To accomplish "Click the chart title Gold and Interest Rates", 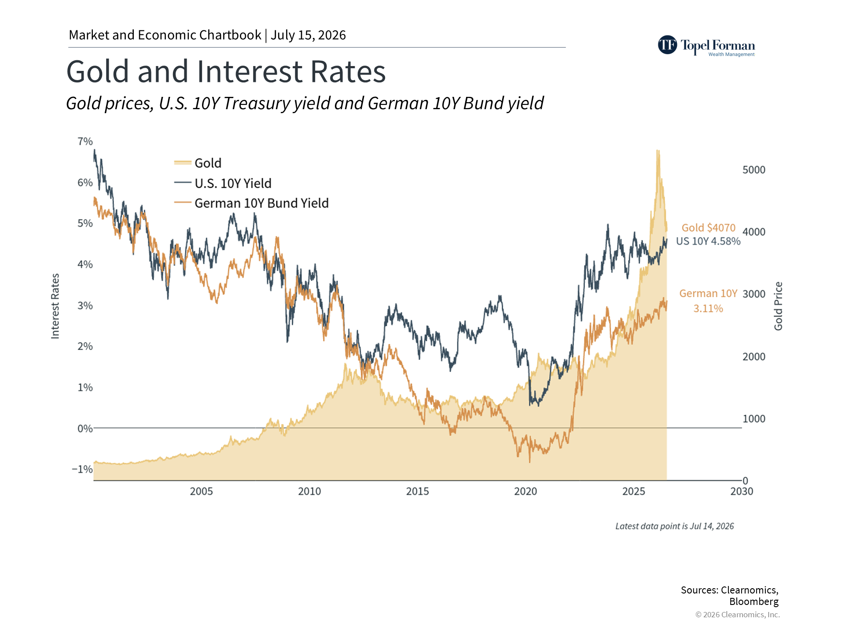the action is pos(226,71).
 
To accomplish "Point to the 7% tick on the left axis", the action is pos(85,141).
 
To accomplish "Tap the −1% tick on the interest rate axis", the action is pos(82,469).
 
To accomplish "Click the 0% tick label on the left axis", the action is pos(85,428).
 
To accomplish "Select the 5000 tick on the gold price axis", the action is pos(754,170).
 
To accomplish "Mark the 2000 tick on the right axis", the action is pos(754,357).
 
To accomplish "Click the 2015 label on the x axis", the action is pos(418,491).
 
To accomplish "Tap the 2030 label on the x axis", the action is pos(742,491).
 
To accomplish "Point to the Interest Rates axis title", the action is pos(55,306).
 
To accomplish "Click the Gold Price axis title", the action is pos(779,306).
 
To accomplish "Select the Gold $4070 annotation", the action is pos(709,228).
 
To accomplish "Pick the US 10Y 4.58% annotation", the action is pos(709,241).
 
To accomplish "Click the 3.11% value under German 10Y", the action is pos(709,309).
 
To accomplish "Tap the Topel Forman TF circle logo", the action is pos(668,45).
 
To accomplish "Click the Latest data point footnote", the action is pos(675,526).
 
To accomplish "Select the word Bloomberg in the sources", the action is pos(754,602).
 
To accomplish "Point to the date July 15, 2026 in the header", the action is pos(309,35).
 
